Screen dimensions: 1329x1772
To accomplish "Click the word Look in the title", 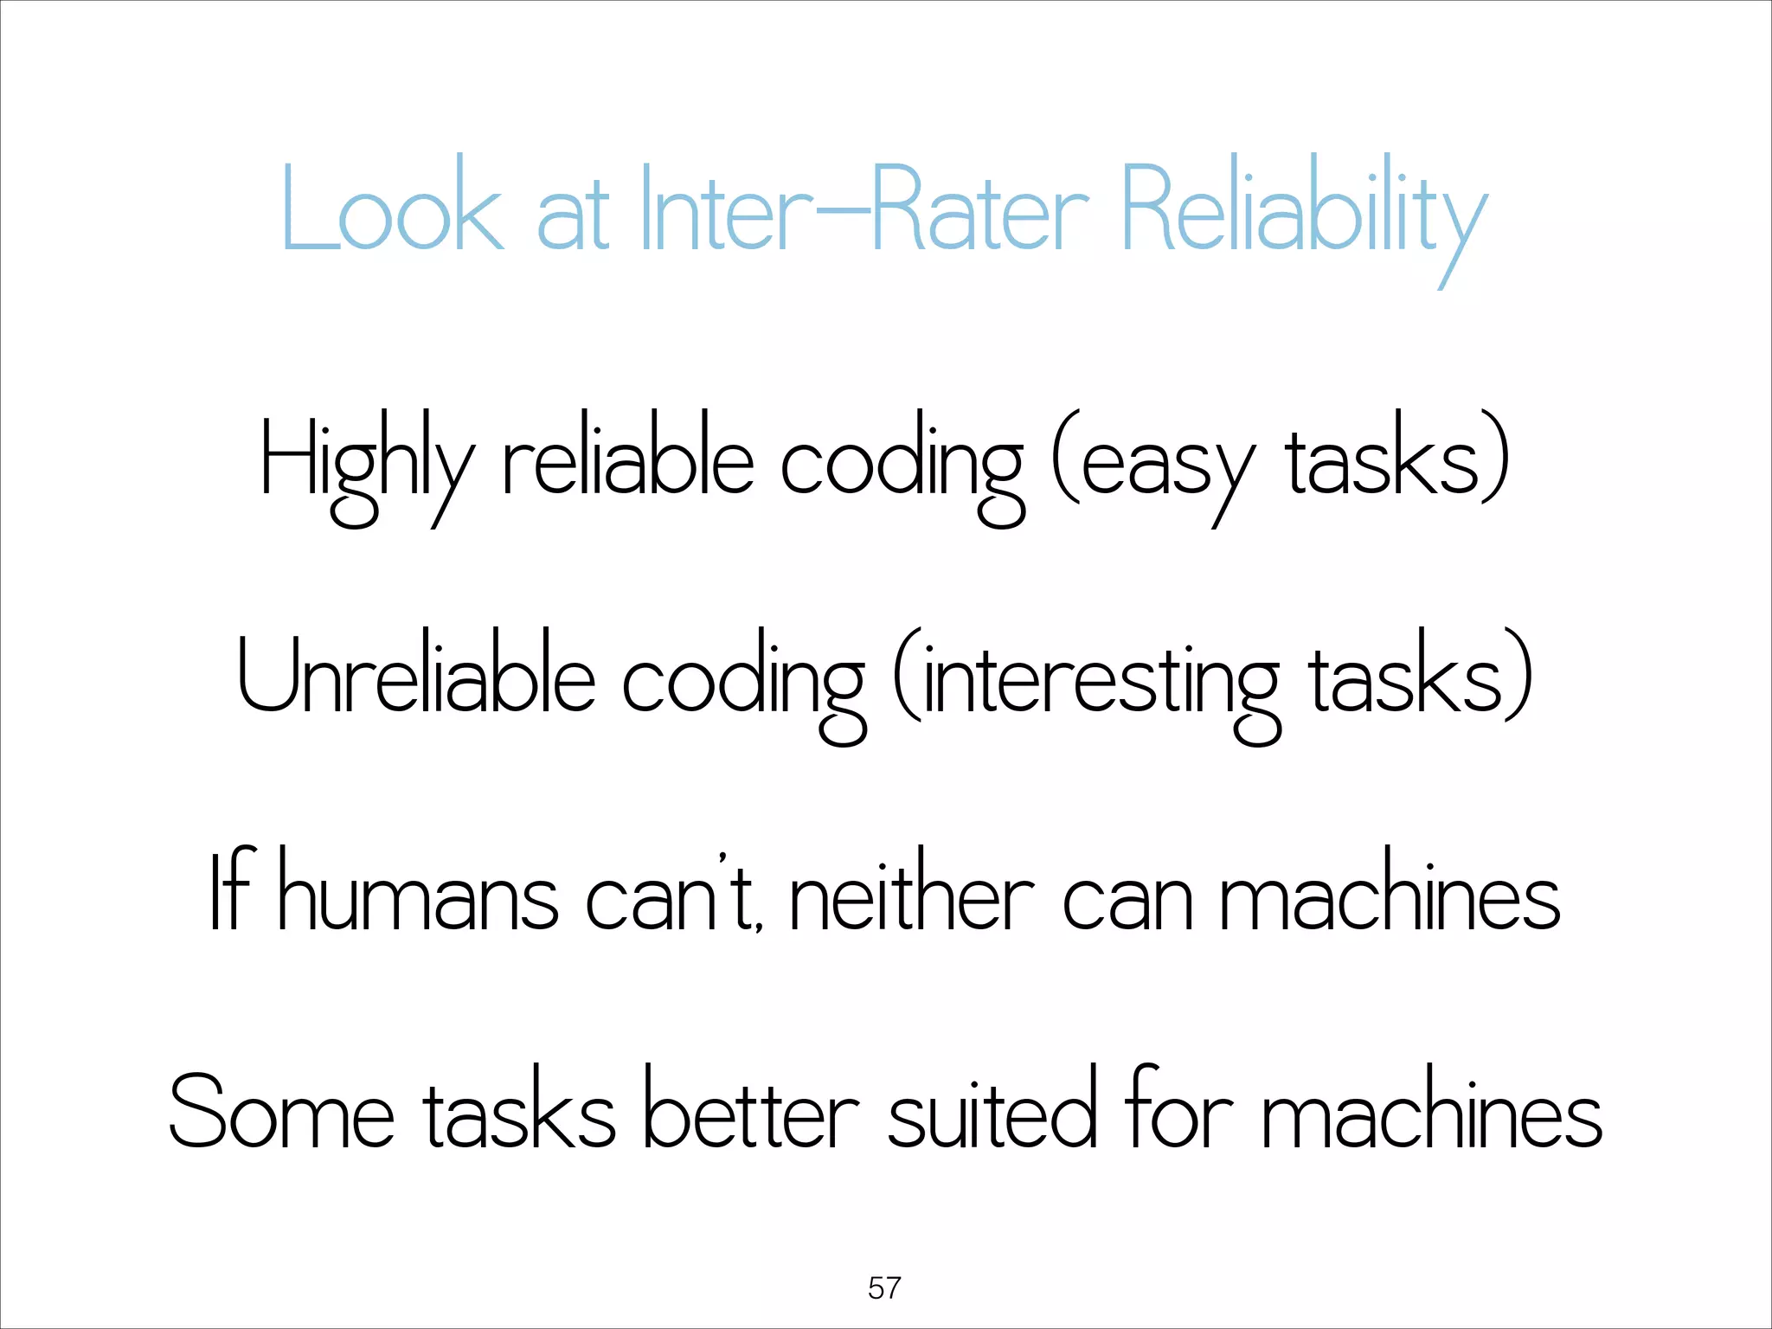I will [392, 208].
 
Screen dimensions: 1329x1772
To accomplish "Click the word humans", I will [419, 896].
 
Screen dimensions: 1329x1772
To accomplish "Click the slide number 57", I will [884, 1287].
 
